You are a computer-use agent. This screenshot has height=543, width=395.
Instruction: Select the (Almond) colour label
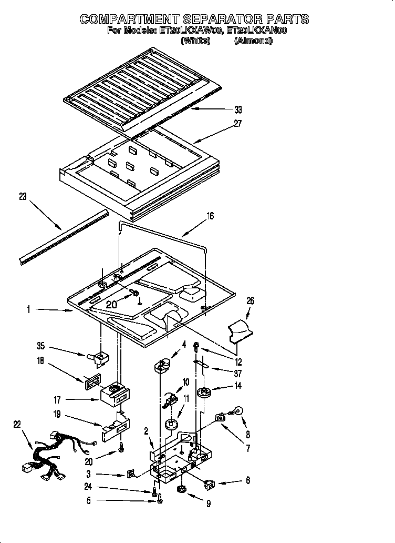click(x=253, y=41)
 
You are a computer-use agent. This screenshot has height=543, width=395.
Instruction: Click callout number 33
click(x=238, y=110)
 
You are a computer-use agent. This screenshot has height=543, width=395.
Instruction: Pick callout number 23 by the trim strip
click(x=22, y=197)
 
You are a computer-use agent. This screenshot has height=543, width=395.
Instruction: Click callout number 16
click(x=210, y=215)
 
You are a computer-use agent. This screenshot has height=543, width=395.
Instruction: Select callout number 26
click(x=251, y=301)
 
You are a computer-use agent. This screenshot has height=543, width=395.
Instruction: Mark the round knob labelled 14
click(x=204, y=393)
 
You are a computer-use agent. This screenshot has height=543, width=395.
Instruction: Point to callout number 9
click(x=209, y=504)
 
